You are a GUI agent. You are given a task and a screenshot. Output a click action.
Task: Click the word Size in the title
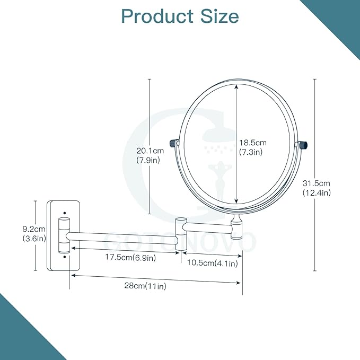[x=220, y=16]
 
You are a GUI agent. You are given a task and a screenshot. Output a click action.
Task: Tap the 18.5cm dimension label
[x=253, y=143]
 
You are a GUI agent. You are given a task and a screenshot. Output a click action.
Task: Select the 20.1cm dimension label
[x=150, y=151]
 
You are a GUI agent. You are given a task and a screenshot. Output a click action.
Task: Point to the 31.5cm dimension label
[x=316, y=183]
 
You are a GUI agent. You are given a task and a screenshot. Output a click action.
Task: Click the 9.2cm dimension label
[x=34, y=229]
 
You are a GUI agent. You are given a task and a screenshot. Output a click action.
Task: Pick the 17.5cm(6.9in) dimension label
[x=130, y=257]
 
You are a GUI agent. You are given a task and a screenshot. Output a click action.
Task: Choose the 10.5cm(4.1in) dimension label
[x=213, y=262]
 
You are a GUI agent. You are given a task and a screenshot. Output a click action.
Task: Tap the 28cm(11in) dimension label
[x=145, y=286]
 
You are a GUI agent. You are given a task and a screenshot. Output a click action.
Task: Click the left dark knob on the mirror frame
[x=173, y=143]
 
